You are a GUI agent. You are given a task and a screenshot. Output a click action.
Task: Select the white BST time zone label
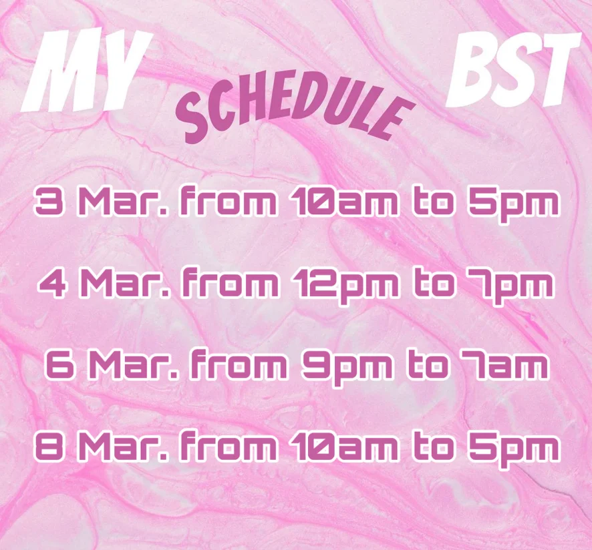[x=512, y=69]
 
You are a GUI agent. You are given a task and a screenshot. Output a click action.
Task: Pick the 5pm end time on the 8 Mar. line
[x=513, y=449]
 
